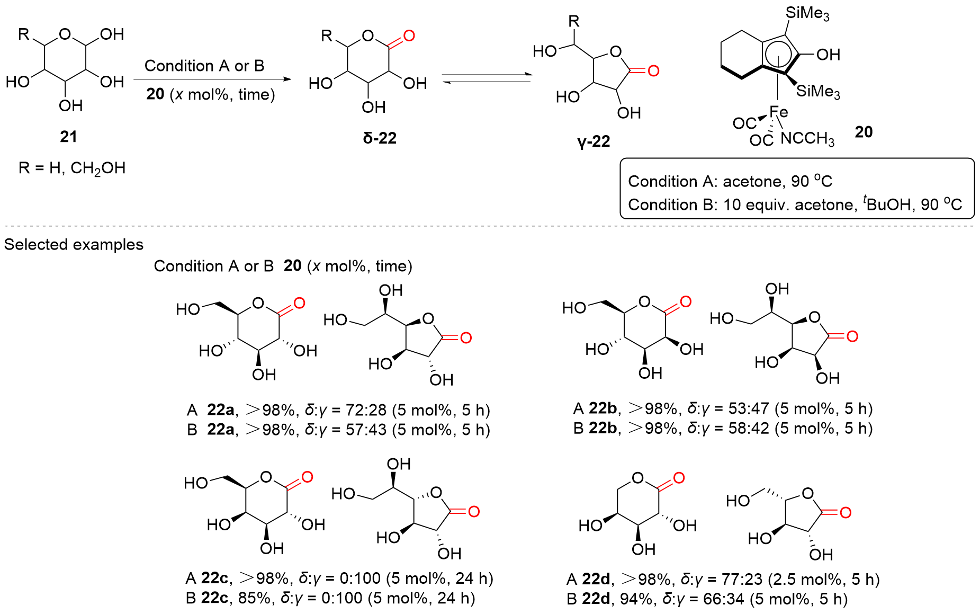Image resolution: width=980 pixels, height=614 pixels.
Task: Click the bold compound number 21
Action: pos(68,137)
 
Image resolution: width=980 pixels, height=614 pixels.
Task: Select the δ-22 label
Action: pos(380,138)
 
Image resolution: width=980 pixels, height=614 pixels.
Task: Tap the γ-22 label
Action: pos(594,141)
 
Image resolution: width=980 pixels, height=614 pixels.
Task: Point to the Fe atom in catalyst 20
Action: pos(778,112)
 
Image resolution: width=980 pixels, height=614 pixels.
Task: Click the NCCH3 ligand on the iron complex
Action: pos(807,139)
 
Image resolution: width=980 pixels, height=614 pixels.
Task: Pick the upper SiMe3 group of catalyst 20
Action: pos(807,13)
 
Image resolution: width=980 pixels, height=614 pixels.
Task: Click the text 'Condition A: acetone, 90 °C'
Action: pos(730,181)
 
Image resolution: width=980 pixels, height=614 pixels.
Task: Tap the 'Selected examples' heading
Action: pos(74,244)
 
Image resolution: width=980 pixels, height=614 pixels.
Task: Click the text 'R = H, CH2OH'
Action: pos(72,168)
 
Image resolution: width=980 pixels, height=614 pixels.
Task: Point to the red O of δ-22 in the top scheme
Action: pos(409,36)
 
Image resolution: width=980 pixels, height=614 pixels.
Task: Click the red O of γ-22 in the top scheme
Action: pos(653,70)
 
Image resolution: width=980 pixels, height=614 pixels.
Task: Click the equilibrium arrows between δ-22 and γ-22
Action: pos(486,78)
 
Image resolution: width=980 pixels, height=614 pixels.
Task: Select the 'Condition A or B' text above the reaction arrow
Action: pos(204,66)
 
